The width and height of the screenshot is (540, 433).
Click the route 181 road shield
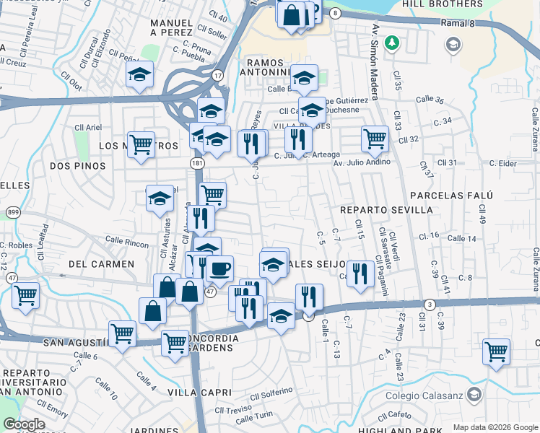click(x=196, y=164)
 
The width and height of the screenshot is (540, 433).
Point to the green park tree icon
click(x=392, y=43)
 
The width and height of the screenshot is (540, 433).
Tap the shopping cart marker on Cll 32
click(x=375, y=137)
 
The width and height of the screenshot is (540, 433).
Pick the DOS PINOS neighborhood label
click(x=77, y=166)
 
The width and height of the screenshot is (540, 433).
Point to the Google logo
click(x=24, y=424)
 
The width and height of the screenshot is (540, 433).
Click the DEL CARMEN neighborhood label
click(x=101, y=264)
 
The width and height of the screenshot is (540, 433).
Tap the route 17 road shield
click(x=217, y=75)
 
